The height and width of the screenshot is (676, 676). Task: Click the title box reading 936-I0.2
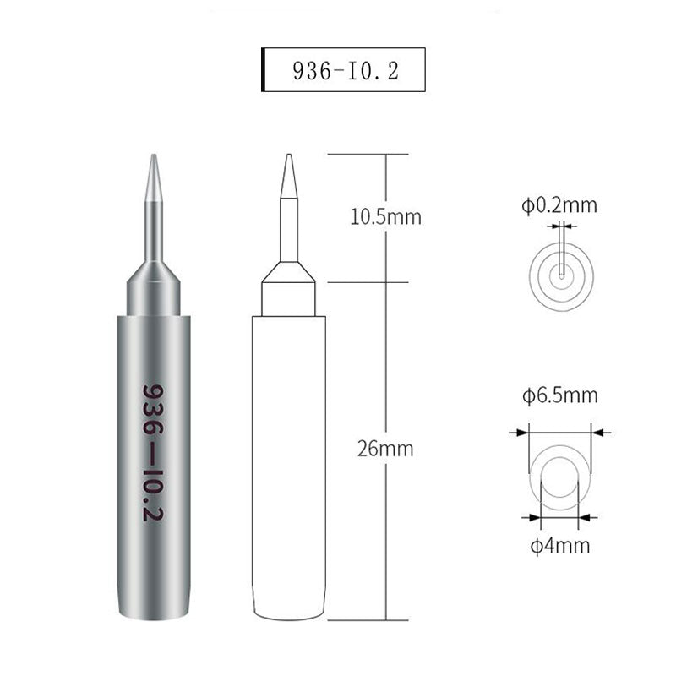coord(342,72)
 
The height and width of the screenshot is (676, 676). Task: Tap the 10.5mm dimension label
coord(385,217)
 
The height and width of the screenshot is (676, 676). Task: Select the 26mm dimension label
coord(386,449)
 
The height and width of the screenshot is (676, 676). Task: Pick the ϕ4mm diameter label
coord(557,544)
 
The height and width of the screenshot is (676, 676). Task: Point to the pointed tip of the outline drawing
coord(289,157)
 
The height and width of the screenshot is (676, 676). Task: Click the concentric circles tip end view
coord(561,272)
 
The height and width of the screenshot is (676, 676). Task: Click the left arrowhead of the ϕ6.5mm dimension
coord(521,432)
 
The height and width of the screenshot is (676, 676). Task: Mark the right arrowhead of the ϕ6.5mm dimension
coord(599,432)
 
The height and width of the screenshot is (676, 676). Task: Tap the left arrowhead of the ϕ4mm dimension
coord(533,517)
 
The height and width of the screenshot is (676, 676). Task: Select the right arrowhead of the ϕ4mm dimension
coord(584,517)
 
